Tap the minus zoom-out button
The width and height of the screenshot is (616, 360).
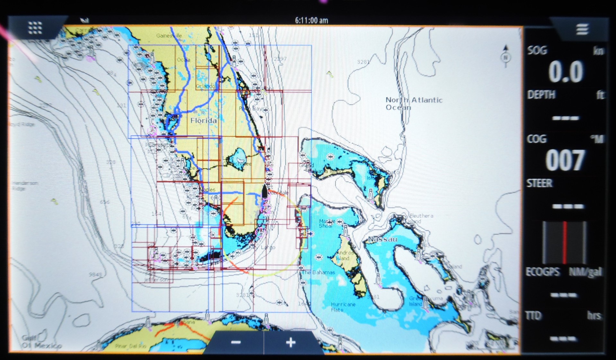[236, 342]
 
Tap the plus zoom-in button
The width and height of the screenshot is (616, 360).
[290, 342]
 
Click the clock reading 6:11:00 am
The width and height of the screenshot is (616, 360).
[311, 21]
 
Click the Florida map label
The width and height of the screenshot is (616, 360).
[203, 121]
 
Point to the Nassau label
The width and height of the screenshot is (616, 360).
[382, 239]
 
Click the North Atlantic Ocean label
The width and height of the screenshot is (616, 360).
[414, 103]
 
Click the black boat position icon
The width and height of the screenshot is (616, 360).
[264, 191]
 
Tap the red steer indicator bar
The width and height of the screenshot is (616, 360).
[565, 242]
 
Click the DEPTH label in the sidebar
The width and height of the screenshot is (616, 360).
[541, 95]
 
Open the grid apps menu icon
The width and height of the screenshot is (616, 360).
[35, 28]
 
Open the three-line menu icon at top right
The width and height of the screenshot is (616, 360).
[582, 29]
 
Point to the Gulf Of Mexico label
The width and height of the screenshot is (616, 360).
[41, 342]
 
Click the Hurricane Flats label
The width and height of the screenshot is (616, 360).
[343, 307]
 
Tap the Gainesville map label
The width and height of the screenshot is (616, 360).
[169, 36]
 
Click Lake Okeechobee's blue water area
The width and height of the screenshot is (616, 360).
[239, 156]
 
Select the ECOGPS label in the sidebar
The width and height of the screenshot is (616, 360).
[542, 272]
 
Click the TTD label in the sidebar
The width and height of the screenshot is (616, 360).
[533, 316]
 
